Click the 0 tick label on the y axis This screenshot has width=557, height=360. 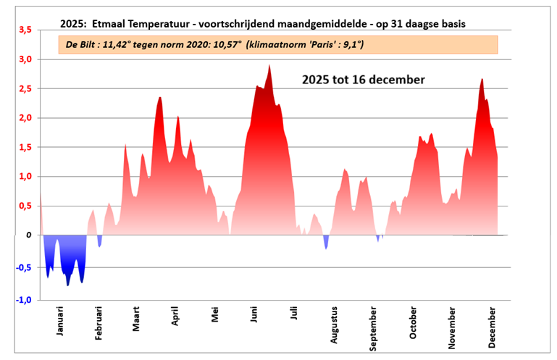point(29,235)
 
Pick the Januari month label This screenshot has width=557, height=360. point(59,319)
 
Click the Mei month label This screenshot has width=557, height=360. point(214,317)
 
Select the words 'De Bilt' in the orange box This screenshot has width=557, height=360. point(81,45)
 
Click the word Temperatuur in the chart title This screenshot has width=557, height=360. point(149,24)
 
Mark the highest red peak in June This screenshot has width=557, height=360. point(269,65)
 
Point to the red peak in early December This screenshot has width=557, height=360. point(482,79)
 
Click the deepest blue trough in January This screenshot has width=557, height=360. point(68,285)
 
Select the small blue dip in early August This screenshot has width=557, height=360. point(326,248)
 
